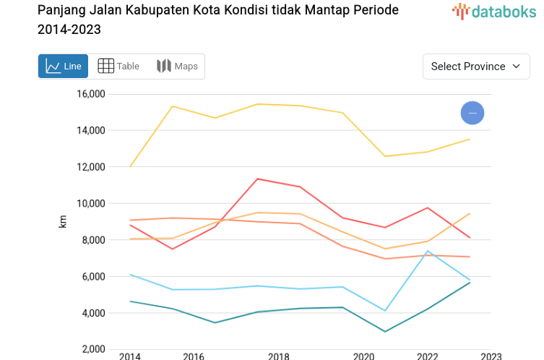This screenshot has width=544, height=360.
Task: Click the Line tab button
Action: click(x=63, y=67)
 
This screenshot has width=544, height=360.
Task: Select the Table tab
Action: click(x=118, y=67)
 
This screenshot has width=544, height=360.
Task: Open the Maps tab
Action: click(x=177, y=67)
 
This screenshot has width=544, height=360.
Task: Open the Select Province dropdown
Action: click(x=476, y=67)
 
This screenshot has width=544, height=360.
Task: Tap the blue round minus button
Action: click(x=472, y=113)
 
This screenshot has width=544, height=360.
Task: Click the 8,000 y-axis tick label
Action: click(x=93, y=240)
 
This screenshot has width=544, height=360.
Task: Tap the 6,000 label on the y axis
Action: click(x=93, y=277)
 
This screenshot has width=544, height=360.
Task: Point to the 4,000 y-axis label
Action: click(x=93, y=313)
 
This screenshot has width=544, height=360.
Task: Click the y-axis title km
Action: click(x=63, y=223)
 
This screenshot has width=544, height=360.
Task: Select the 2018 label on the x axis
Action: click(x=279, y=356)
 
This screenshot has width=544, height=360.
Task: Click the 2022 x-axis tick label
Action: click(x=428, y=356)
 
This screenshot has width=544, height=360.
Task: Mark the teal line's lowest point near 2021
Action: click(x=385, y=332)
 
